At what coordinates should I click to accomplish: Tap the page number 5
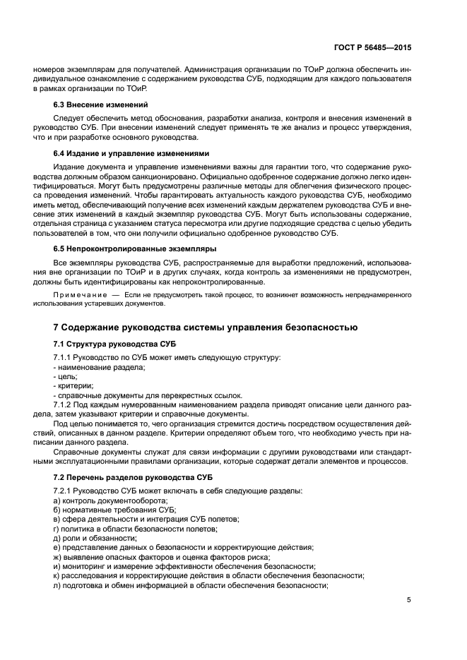click(409, 601)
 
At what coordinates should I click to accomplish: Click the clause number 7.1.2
click(64, 405)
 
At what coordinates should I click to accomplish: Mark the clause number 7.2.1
click(64, 491)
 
